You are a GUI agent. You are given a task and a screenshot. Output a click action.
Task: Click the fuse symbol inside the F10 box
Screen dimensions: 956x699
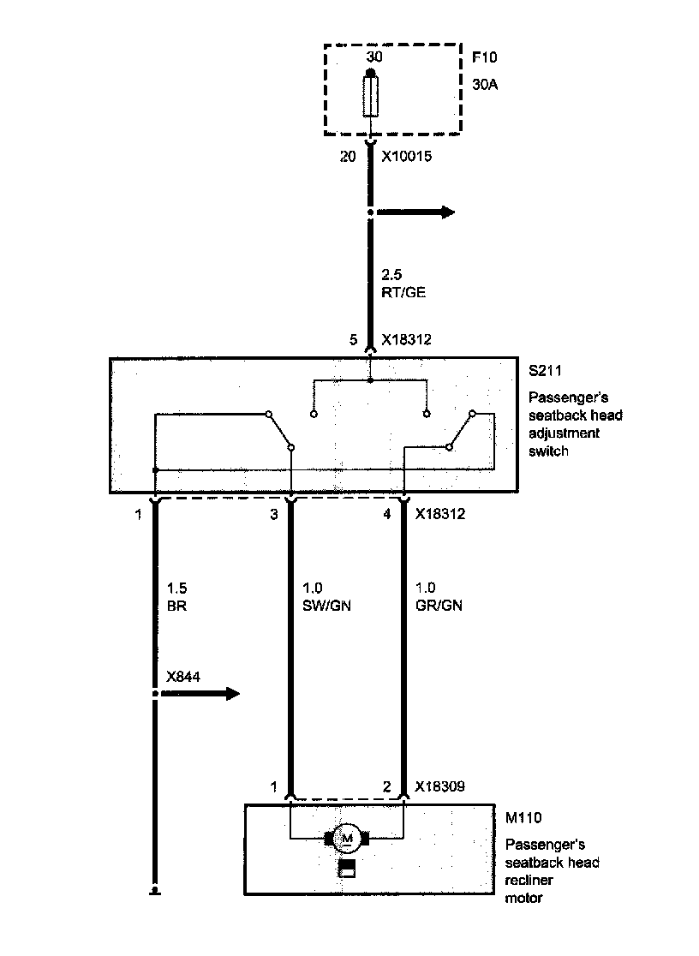click(x=370, y=96)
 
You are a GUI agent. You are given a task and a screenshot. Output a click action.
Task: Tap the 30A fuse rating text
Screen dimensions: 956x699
click(x=485, y=85)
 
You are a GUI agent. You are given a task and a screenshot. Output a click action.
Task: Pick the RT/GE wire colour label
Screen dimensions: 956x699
click(x=403, y=292)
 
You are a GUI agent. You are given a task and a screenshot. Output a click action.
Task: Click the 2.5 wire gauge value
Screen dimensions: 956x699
click(x=390, y=276)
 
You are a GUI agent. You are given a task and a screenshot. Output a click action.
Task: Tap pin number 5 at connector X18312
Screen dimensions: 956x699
click(x=354, y=340)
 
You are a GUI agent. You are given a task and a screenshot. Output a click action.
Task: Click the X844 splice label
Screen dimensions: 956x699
click(x=183, y=677)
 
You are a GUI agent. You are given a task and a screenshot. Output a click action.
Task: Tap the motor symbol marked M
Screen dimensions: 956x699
click(x=347, y=838)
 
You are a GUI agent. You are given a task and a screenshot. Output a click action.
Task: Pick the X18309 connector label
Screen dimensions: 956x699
click(x=439, y=786)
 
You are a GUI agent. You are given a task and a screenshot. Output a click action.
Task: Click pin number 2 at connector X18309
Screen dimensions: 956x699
click(x=386, y=786)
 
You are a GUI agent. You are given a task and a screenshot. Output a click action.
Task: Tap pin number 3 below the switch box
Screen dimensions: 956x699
click(x=274, y=515)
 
